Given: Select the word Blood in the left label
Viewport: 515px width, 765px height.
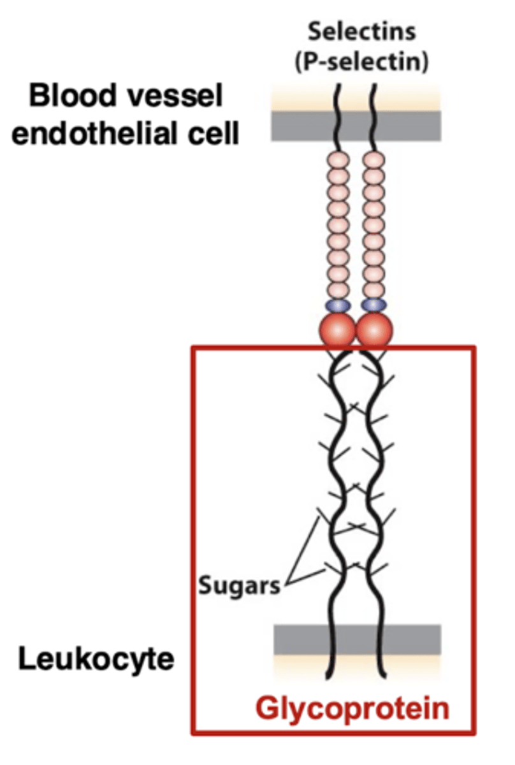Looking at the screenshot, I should click(x=66, y=98).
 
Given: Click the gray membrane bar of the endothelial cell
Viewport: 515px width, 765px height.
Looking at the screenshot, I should click(x=300, y=126).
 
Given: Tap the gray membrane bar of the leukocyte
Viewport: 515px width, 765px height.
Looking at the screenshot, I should click(x=300, y=639).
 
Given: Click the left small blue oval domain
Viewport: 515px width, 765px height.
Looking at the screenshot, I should click(x=338, y=305).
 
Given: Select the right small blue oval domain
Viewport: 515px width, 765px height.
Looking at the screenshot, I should click(x=374, y=305).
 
